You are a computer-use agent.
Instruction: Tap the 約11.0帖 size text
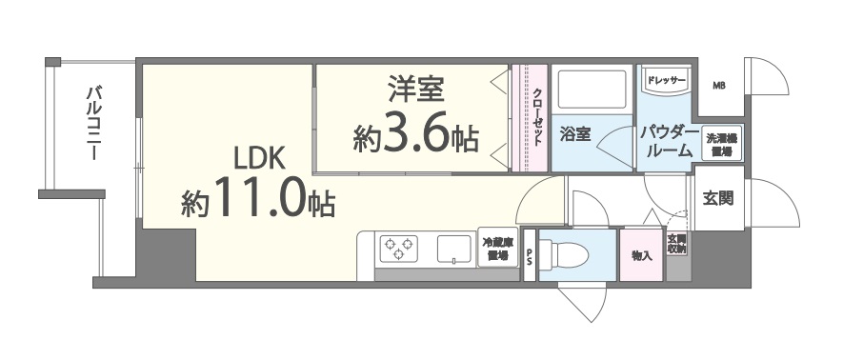[257, 201]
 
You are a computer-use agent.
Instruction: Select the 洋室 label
[414, 91]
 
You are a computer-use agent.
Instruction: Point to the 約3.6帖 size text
[414, 137]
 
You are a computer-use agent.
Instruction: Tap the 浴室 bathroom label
[575, 134]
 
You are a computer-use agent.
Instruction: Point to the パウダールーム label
[667, 140]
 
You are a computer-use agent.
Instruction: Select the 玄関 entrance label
[718, 199]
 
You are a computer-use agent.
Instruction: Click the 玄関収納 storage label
[676, 245]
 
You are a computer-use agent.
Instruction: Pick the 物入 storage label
[642, 255]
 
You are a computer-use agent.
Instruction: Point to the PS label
[530, 256]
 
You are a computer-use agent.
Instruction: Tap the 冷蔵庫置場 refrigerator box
[496, 250]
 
